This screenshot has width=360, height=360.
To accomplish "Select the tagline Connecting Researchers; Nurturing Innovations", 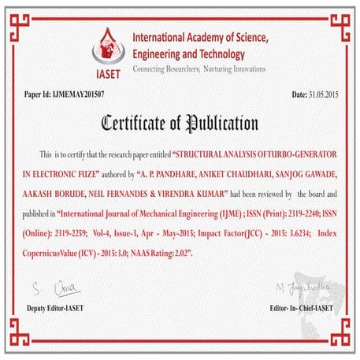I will pos(199,69).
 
